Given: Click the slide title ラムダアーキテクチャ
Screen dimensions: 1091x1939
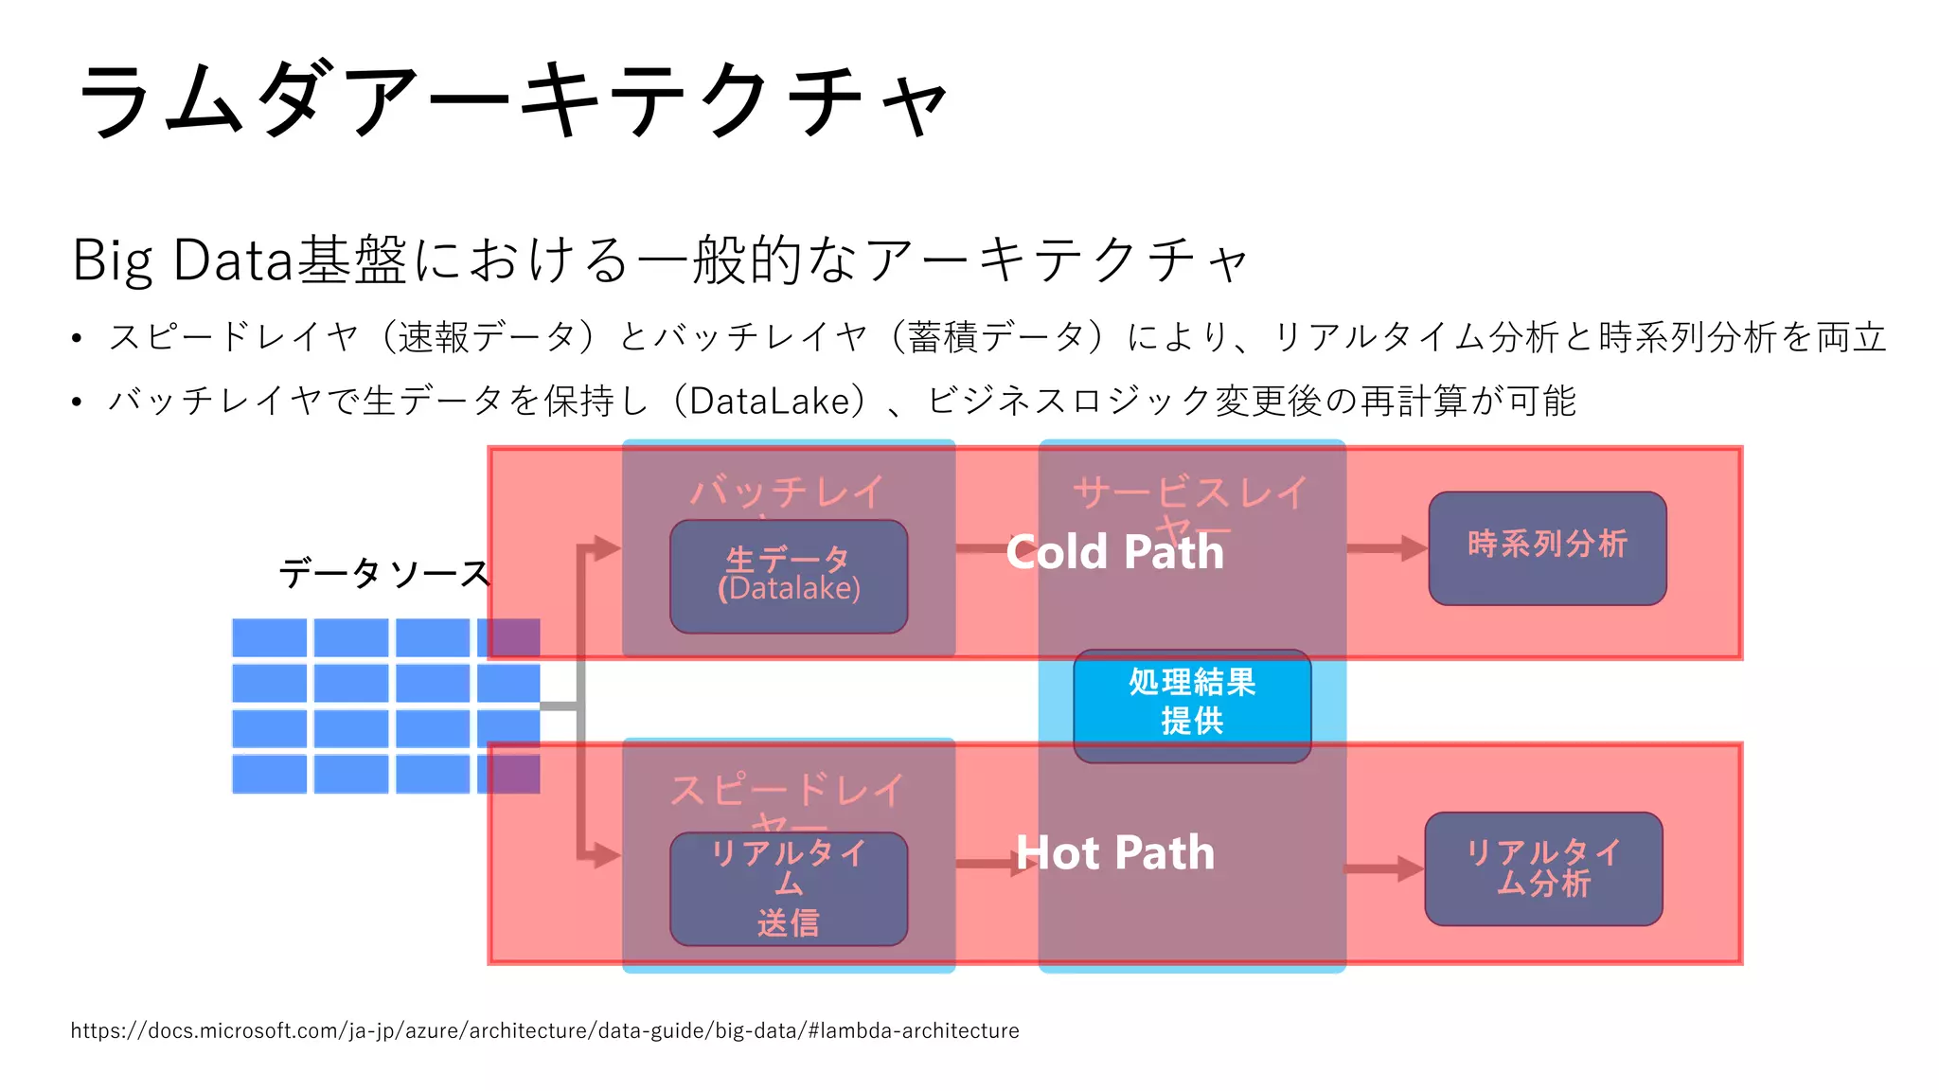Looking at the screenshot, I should (511, 99).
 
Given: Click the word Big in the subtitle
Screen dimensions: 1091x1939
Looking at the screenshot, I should (112, 260).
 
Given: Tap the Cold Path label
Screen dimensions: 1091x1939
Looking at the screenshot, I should (1114, 552).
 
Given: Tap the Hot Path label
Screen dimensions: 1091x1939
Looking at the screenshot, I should (1114, 853).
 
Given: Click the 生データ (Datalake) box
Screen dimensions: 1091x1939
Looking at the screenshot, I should (789, 576).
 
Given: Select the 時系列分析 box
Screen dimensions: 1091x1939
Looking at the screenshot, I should (1547, 547).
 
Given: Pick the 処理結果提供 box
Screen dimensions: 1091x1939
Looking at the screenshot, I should (1192, 703).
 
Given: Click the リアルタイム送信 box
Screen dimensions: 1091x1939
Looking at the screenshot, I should (789, 888).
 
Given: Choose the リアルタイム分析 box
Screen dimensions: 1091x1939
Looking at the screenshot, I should (1543, 868).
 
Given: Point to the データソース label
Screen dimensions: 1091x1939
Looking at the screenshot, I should (383, 573).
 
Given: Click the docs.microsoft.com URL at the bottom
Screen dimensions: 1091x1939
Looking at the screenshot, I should (544, 1030).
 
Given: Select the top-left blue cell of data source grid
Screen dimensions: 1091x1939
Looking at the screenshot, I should (270, 637).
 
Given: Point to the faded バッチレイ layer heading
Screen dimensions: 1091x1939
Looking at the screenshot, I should (787, 492).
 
